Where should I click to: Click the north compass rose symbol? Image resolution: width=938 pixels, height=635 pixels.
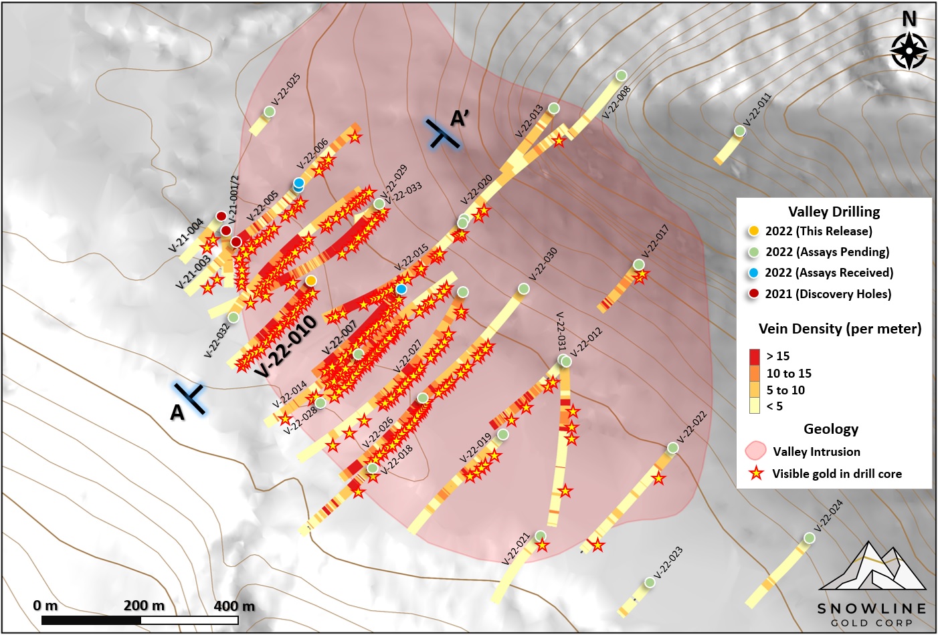click(909, 50)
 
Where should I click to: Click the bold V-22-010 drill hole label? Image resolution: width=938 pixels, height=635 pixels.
click(286, 347)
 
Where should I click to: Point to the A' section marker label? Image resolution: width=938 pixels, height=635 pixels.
click(459, 118)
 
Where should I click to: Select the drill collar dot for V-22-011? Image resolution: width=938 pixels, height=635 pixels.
click(739, 131)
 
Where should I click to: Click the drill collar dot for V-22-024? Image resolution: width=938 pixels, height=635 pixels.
click(810, 538)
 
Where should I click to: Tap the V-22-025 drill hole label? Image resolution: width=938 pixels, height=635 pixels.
click(286, 90)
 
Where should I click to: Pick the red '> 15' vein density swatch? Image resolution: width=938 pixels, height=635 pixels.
click(755, 356)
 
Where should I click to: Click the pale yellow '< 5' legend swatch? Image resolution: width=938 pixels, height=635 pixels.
click(755, 406)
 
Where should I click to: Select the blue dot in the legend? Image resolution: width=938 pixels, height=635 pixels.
click(754, 273)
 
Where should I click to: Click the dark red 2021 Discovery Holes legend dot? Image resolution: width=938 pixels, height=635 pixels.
click(754, 293)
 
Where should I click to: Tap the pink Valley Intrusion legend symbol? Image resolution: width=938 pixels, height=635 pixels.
click(755, 451)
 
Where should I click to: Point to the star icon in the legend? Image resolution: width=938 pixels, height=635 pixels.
click(756, 473)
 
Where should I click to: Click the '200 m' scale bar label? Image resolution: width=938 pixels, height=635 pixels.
click(144, 606)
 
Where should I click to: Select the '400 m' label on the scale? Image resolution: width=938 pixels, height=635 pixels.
click(234, 606)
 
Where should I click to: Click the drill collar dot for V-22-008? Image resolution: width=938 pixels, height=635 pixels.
click(622, 75)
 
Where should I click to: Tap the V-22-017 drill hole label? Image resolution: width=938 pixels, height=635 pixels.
click(655, 241)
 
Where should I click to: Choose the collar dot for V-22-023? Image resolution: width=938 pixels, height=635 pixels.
click(650, 583)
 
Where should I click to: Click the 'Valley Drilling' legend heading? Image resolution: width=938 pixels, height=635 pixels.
click(834, 212)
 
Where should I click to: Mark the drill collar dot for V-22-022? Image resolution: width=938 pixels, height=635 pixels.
click(673, 448)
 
